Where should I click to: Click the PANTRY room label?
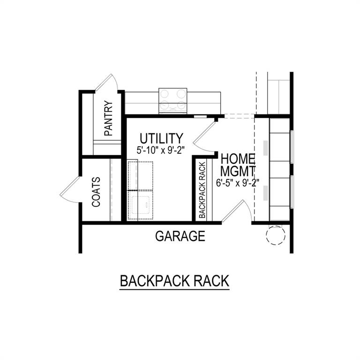point(109,119)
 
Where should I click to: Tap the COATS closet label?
point(96,192)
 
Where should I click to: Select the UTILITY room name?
point(161,138)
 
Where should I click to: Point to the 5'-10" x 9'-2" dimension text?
point(161,151)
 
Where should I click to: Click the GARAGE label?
point(180,236)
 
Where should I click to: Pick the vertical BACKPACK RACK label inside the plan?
point(202,190)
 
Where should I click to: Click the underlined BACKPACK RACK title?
point(174,281)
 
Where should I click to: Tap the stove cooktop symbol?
point(173,100)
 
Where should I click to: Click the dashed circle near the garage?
point(275,235)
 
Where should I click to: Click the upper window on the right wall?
point(292,147)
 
